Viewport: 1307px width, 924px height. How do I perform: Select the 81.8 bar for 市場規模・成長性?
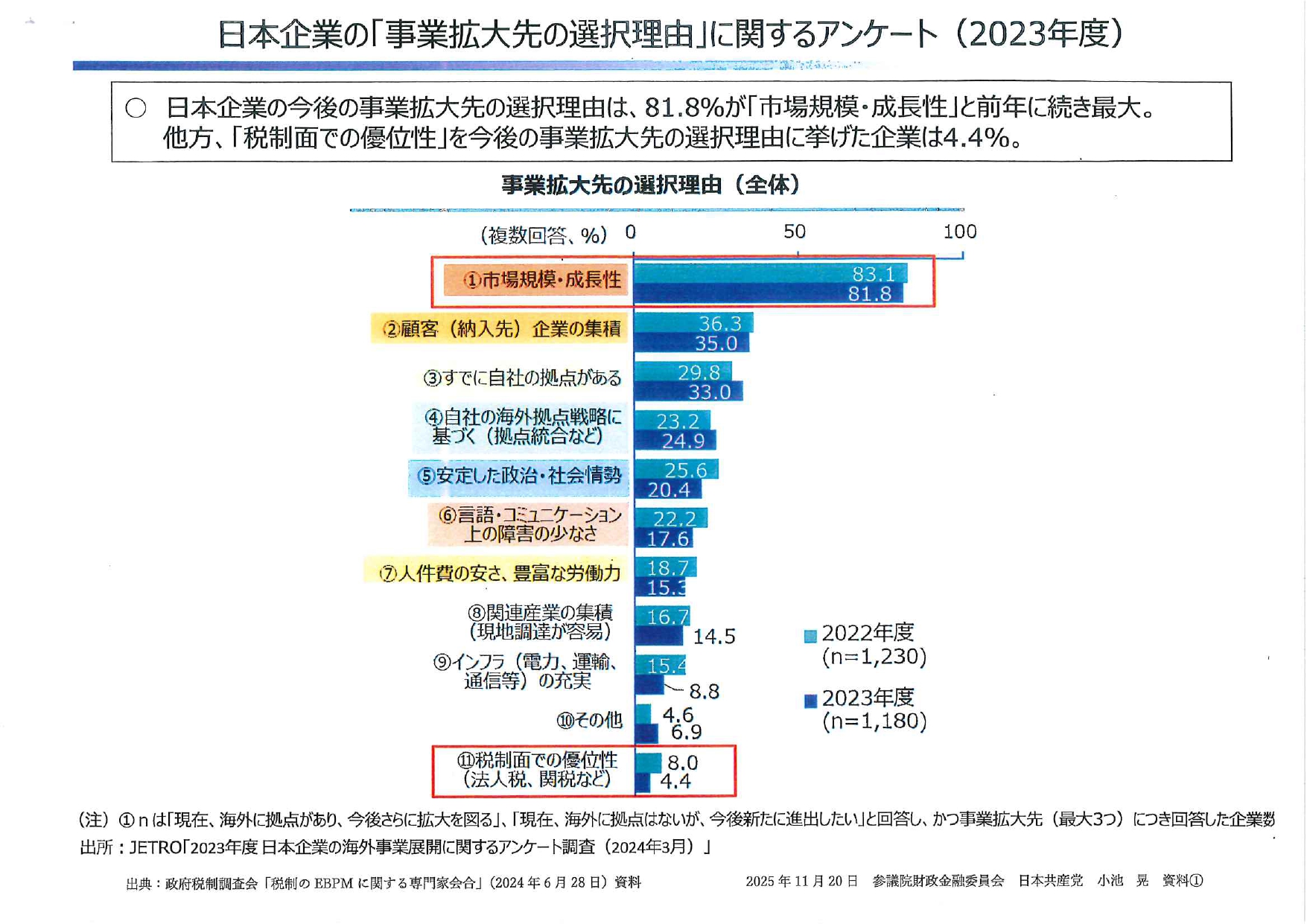coord(767,293)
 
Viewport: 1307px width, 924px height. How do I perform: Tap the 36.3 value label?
coord(719,323)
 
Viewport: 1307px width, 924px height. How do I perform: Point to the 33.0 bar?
coord(687,391)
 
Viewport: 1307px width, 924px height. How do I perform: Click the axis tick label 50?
coord(795,232)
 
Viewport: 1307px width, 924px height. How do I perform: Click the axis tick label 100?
coord(959,232)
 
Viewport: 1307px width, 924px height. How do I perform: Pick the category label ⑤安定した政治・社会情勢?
coord(519,476)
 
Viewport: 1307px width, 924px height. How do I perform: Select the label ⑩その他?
coord(589,720)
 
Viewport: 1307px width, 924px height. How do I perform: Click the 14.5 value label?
coord(714,637)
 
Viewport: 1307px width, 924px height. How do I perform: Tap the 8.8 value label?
coord(704,692)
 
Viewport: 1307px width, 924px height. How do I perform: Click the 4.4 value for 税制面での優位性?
coord(675,781)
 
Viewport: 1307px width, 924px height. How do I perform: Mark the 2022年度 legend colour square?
coord(811,636)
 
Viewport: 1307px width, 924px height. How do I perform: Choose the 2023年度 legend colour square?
coord(811,701)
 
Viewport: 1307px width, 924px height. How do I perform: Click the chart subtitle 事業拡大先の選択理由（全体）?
coord(650,185)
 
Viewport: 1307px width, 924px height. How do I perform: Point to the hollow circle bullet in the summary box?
coord(136,109)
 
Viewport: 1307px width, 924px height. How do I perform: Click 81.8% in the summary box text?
coord(684,109)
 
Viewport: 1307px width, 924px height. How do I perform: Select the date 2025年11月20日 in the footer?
coord(801,882)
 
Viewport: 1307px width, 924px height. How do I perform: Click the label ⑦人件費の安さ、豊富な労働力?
coord(500,573)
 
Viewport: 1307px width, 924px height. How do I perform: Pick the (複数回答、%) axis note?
coord(544,235)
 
